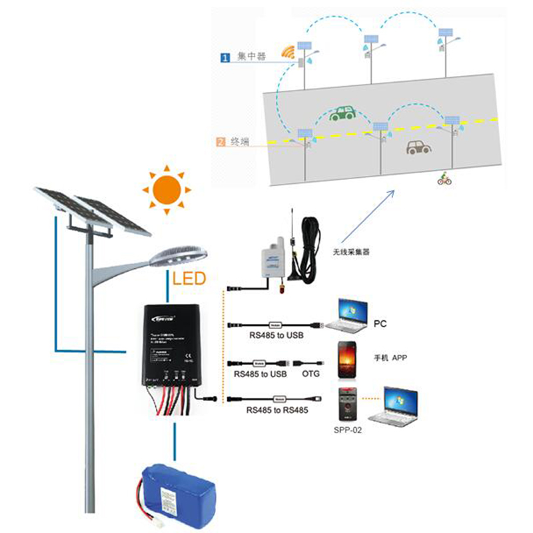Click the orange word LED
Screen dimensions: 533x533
[189, 278]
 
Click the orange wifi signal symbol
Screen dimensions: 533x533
[288, 52]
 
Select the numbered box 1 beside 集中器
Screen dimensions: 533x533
[225, 58]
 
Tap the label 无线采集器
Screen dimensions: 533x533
[351, 253]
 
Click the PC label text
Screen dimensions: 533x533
[380, 324]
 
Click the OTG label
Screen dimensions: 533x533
[310, 374]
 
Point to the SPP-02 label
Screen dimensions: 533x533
[348, 430]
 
